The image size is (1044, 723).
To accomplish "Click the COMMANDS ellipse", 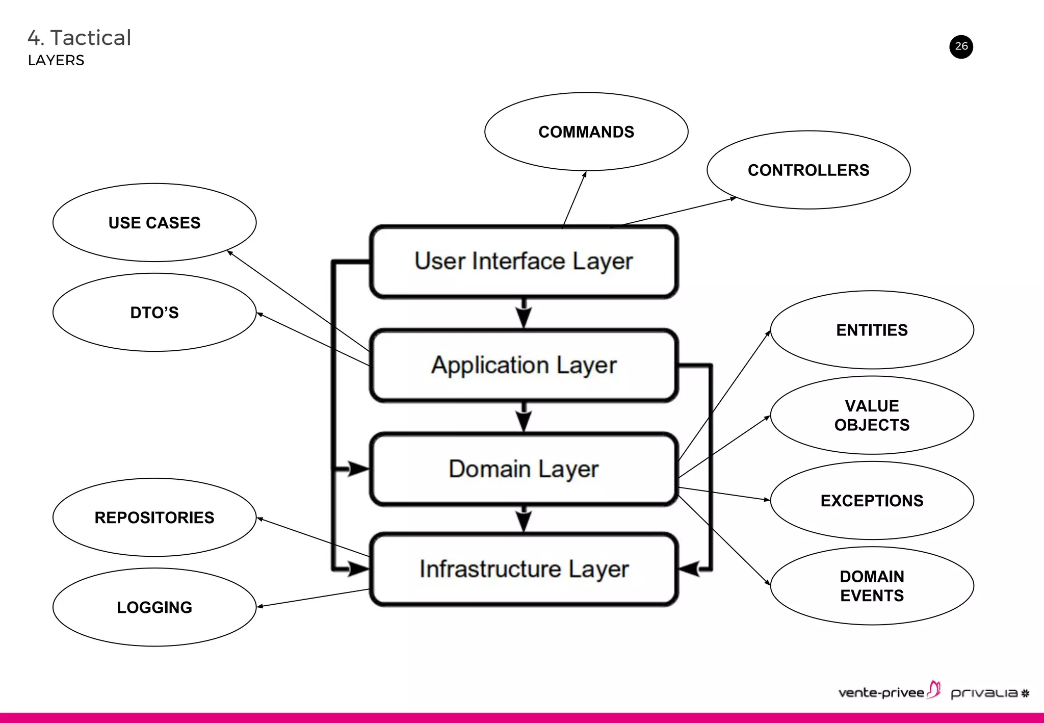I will [586, 132].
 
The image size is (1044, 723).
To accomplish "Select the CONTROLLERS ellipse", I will [808, 170].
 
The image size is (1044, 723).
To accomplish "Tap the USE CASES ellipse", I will [154, 222].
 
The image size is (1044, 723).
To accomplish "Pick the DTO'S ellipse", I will [154, 312].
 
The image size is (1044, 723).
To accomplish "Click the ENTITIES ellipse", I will [872, 330].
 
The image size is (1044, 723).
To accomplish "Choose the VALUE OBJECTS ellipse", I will [872, 415].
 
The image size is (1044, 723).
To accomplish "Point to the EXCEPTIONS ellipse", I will [872, 500].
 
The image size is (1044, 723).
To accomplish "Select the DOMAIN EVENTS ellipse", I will [872, 585].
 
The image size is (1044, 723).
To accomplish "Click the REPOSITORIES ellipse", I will [154, 517].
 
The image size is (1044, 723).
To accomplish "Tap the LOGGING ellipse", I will [154, 607].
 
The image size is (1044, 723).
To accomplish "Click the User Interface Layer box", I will [524, 261].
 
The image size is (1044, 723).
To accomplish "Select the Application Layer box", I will [524, 365].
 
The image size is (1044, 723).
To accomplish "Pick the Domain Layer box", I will [524, 469].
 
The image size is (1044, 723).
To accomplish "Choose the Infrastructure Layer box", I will [524, 569].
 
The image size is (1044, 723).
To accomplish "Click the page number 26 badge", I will [961, 46].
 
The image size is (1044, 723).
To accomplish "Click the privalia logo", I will [989, 693].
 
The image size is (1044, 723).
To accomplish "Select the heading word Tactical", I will [91, 38].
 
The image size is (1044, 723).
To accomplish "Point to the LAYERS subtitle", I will [56, 60].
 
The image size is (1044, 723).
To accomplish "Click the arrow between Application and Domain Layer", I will [524, 418].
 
